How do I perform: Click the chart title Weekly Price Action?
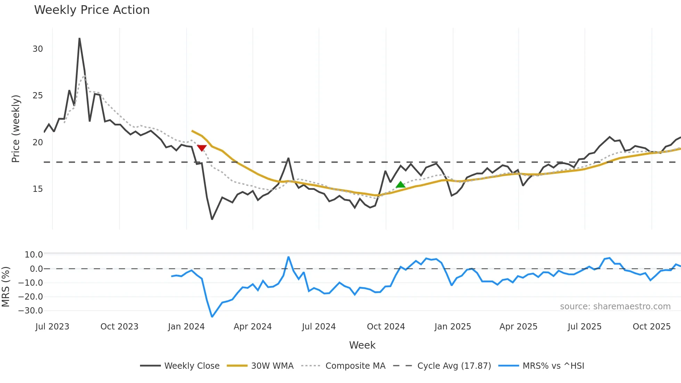[x=92, y=10]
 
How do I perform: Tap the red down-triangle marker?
[x=202, y=148]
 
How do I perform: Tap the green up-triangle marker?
[x=400, y=185]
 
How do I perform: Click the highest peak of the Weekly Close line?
[x=80, y=39]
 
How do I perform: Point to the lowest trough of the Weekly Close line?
[x=212, y=219]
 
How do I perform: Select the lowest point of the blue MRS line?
[x=212, y=316]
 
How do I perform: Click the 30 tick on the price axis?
[x=38, y=49]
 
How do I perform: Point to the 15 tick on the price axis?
[x=38, y=189]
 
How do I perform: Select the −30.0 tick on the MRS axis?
[x=31, y=311]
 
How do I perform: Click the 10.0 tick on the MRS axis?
[x=33, y=255]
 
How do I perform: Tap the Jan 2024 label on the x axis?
[x=186, y=327]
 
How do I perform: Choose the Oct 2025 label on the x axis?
[x=651, y=327]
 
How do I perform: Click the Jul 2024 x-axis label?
[x=319, y=327]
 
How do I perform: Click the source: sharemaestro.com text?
[x=615, y=307]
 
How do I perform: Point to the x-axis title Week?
[x=362, y=345]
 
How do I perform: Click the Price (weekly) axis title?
[x=16, y=129]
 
